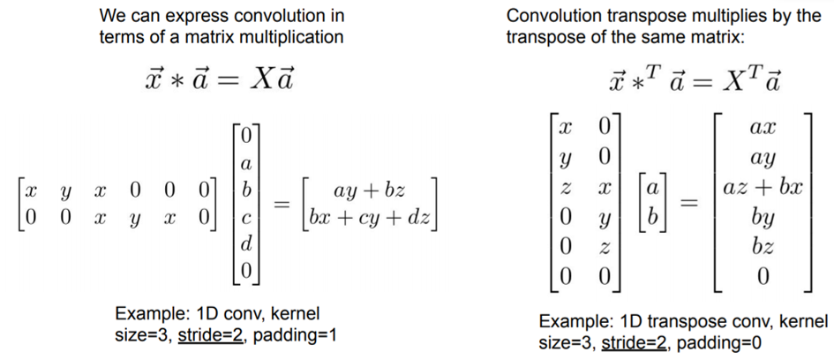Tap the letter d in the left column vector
248,242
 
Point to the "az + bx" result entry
763,190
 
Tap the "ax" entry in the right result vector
763,130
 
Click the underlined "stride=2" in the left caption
209,334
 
